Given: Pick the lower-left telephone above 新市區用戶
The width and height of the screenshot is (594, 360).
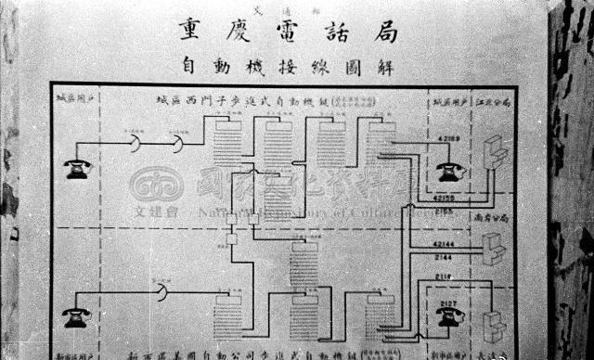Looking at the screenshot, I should click(78, 318).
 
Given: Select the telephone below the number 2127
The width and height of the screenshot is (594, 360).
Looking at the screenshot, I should click(448, 315).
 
